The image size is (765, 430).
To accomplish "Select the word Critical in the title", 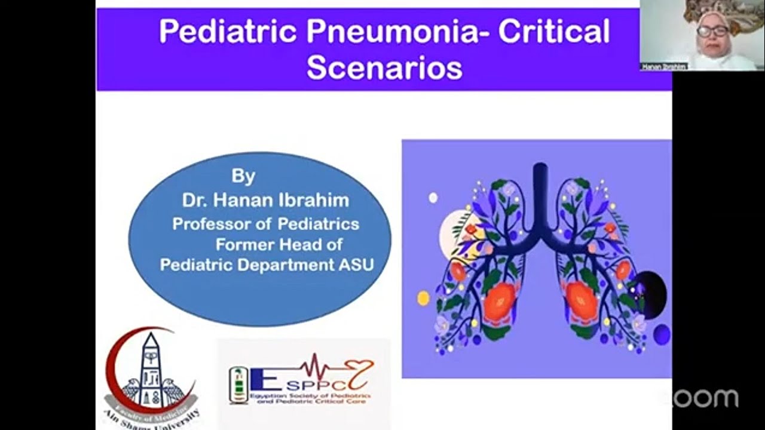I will click(x=554, y=32).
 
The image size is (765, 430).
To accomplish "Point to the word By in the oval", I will click(x=243, y=176).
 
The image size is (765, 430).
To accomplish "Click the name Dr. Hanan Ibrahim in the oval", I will click(x=265, y=201).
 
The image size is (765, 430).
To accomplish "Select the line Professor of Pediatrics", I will click(x=266, y=224).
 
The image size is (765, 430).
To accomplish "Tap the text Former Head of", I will click(x=279, y=244).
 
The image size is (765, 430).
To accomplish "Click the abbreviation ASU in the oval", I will click(x=356, y=265).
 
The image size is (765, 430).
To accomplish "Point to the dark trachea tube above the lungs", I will click(x=540, y=191).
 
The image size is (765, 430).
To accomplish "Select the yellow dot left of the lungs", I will click(x=423, y=298).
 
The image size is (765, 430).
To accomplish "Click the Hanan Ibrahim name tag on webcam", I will click(x=663, y=67).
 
